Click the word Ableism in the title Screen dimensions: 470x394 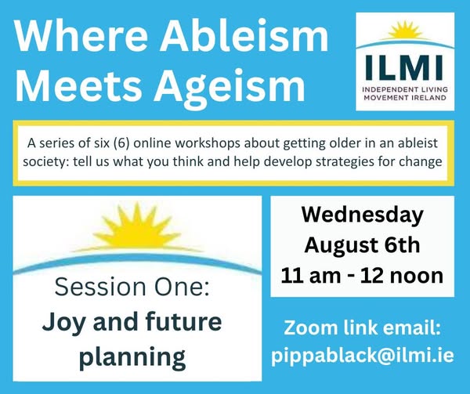click(244, 35)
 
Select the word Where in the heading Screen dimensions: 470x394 click(81, 35)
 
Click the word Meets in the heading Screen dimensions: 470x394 click(78, 85)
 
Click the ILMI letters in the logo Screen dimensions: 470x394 click(405, 68)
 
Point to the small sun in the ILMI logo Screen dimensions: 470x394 click(405, 31)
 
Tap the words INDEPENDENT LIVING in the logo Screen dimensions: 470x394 click(405, 89)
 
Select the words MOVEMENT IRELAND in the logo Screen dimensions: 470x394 click(405, 98)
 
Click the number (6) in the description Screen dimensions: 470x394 click(121, 143)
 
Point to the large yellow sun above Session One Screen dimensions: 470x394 click(137, 226)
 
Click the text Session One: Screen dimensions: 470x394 click(132, 287)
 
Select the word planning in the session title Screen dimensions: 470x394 click(132, 357)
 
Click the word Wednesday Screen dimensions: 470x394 click(363, 215)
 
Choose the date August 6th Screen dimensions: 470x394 click(362, 246)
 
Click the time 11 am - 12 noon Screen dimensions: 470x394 click(362, 276)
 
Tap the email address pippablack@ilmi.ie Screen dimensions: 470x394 click(363, 356)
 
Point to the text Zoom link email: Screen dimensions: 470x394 click(363, 327)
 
